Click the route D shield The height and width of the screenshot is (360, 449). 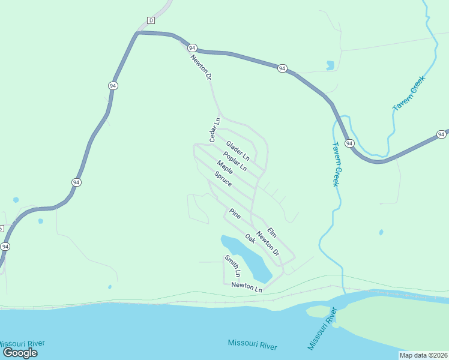tap(151, 20)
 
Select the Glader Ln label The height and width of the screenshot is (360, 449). tap(237, 149)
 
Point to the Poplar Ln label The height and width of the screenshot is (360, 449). tap(235, 161)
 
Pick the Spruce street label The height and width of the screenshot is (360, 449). tap(223, 179)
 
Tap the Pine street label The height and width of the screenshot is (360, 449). tap(235, 214)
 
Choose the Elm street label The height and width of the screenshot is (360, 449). tap(271, 232)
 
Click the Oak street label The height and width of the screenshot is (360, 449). tap(250, 238)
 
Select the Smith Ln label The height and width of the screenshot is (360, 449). tap(232, 266)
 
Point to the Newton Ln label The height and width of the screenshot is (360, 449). tap(247, 288)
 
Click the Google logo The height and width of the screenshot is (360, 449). tap(20, 352)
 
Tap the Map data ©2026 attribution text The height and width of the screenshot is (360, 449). tap(423, 355)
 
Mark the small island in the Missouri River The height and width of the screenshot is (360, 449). tap(319, 311)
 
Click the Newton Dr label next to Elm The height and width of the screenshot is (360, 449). tap(268, 244)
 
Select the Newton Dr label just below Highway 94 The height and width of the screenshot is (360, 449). tap(201, 67)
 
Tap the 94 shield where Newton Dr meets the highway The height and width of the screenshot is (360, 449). tap(192, 47)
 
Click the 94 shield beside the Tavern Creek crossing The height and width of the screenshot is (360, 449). tap(350, 144)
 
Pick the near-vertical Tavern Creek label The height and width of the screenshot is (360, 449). tap(337, 164)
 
